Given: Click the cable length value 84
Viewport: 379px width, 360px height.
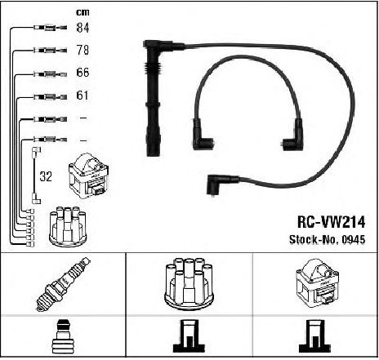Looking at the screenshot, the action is coord(82,28).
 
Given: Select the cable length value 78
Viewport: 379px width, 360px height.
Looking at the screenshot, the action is coord(82,50).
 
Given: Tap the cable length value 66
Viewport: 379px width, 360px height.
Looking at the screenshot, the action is coord(82,73).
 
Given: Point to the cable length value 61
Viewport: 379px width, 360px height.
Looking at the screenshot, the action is coord(82,96).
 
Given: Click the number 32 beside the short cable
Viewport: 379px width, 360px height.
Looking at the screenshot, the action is coord(46,176).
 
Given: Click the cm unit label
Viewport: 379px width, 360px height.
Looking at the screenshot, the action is coord(82,12).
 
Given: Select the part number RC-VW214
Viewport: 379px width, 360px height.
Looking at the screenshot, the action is coord(331,222).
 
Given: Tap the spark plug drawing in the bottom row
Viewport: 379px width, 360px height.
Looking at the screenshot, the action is coord(63,284).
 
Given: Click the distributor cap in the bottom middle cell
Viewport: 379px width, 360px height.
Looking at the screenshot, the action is coord(189,283).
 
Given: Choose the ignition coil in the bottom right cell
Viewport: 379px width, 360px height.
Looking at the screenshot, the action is coord(317,283).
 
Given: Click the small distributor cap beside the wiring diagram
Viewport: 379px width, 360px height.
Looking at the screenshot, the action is coord(68,227).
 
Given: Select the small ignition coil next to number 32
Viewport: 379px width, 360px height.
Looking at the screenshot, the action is coord(89,176).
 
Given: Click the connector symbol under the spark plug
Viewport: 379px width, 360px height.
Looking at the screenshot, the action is coord(63,336).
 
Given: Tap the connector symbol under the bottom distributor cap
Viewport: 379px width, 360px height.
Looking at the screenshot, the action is coord(189,336).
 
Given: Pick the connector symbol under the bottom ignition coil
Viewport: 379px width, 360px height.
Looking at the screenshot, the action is coord(314,336).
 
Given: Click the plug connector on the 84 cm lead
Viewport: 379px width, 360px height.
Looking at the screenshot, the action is coord(50,28).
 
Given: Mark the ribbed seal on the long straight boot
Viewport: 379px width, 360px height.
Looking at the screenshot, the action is coord(154,69).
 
